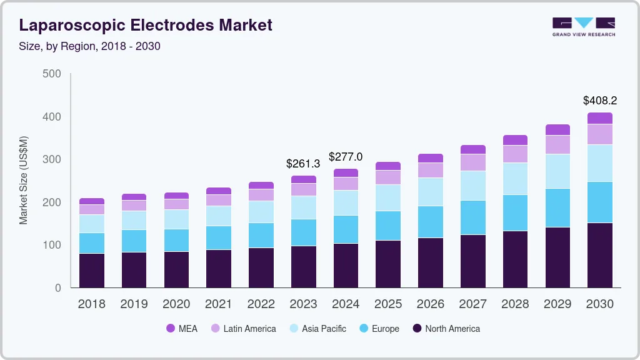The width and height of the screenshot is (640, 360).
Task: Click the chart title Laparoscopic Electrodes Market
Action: click(x=146, y=25)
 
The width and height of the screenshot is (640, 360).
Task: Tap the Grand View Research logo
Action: click(x=583, y=26)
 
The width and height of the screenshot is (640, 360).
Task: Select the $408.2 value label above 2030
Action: click(x=600, y=100)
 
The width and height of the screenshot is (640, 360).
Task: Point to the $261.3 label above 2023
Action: click(x=303, y=163)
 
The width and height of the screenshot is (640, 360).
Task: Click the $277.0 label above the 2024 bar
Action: click(x=346, y=156)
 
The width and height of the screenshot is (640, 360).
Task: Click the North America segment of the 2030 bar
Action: click(x=600, y=255)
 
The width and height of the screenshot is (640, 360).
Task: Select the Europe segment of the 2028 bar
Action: click(x=515, y=213)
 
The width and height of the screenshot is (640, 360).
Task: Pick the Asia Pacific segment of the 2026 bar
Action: click(x=430, y=192)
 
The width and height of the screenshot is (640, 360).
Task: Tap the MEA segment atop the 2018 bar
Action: click(x=91, y=201)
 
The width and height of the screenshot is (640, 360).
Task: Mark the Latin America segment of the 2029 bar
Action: click(x=557, y=144)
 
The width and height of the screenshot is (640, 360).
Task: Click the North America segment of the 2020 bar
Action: click(x=176, y=269)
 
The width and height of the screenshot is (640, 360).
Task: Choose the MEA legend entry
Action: click(x=181, y=329)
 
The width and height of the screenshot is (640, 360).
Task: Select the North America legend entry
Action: click(x=446, y=329)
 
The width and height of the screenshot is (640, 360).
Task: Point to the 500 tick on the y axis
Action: click(x=52, y=74)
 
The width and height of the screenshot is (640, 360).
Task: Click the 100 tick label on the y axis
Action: click(x=52, y=245)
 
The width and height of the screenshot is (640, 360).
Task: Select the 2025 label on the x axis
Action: click(x=388, y=304)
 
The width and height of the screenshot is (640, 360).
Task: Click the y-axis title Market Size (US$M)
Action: click(x=23, y=180)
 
